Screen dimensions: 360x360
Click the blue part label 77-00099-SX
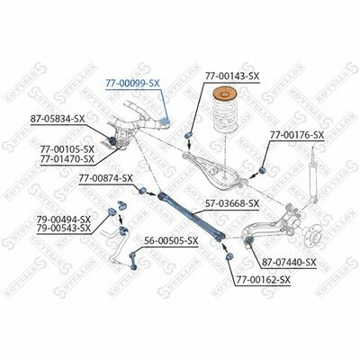coord(132,84)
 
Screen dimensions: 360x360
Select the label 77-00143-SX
coord(232,76)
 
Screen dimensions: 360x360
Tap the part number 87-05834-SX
coord(58,119)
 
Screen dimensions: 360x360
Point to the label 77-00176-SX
coord(297,135)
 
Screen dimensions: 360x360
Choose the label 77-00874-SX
coord(105,178)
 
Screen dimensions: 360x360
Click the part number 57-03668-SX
coord(232,203)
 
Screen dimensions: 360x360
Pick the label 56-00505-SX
coord(171,240)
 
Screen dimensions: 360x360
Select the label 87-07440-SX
coord(289,263)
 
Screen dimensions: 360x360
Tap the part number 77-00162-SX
coord(264,280)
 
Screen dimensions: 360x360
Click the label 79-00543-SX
coord(64,228)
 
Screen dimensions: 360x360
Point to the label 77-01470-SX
coord(67,158)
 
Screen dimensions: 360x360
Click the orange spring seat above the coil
coord(224,94)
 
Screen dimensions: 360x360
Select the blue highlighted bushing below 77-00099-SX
coord(165,122)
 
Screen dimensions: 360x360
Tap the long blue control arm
coord(192,215)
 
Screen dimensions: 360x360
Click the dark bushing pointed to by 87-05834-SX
coord(112,139)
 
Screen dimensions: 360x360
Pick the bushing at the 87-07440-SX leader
coord(249,239)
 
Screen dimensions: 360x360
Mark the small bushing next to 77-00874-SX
coord(143,190)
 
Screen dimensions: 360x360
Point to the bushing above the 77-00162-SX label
coord(229,256)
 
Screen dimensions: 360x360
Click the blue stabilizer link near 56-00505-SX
coord(133,260)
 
